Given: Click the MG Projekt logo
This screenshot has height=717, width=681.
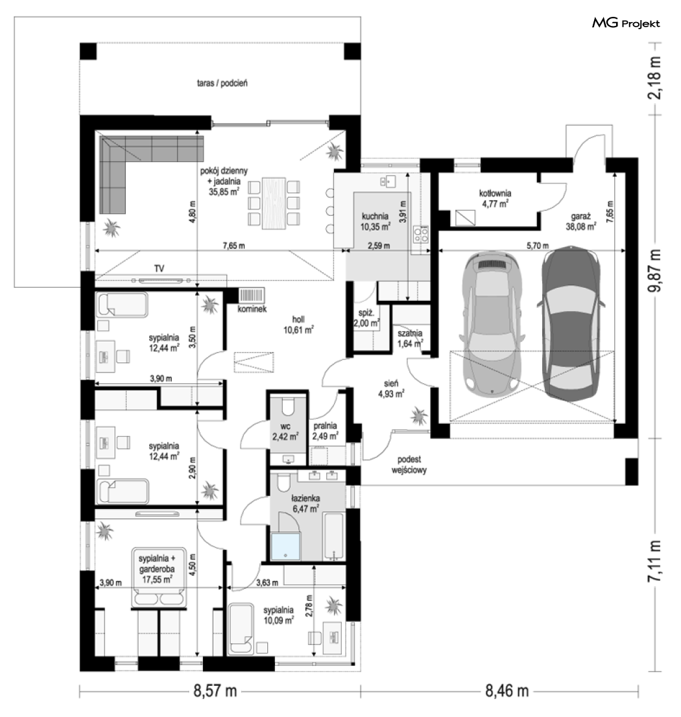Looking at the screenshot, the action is [626, 23].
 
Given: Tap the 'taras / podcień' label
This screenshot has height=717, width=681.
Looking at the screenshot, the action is [222, 83].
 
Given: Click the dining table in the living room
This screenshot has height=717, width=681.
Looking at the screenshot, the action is [274, 204].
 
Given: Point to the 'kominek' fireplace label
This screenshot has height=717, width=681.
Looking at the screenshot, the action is [252, 309].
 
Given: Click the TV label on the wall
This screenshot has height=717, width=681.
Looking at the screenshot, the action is [159, 269].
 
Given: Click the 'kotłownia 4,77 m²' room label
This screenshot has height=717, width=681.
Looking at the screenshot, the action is [495, 199].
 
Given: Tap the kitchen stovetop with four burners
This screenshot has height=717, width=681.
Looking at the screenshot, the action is [421, 234].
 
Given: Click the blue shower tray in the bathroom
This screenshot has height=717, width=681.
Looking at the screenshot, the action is [285, 546].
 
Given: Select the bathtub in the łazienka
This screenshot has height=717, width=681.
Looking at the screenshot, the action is [334, 536].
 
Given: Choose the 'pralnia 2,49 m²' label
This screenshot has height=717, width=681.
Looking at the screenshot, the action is [325, 431].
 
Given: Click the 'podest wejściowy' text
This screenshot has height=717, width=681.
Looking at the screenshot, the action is [409, 465].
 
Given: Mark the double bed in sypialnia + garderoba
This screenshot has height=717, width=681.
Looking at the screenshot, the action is [158, 577].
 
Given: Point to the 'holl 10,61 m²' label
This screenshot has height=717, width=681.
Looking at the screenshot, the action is [298, 325].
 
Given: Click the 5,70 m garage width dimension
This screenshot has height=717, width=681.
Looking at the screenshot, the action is [538, 246].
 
